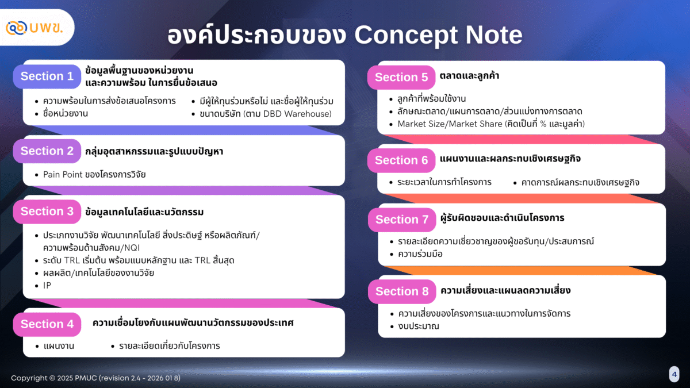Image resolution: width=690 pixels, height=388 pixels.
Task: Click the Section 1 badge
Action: pos(47,76)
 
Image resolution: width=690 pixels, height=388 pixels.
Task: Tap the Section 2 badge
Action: pos(47,151)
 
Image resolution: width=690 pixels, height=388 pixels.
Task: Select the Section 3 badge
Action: pos(47,212)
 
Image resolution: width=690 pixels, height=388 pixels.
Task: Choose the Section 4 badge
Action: pos(47,324)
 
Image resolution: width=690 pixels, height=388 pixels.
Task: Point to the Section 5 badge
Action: pos(401,77)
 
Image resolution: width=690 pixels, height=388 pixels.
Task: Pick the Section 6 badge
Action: pos(401,160)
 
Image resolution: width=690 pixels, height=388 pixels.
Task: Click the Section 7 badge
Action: pos(402,220)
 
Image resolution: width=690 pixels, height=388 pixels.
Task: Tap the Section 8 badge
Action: pos(402,291)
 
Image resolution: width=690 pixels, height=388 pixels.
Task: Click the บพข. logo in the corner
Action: pos(34,28)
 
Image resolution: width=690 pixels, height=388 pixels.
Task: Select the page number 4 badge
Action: pos(674,374)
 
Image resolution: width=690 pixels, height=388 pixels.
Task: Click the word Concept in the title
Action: pos(407,36)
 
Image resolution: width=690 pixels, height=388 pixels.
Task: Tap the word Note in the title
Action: pos(494,34)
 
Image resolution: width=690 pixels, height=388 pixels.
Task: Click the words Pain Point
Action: pos(63,175)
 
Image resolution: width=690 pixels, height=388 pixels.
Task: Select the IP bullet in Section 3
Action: pos(47,286)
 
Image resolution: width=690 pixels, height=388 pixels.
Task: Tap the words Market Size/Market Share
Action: pos(450,124)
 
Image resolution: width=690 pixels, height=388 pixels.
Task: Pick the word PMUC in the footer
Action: pos(86,378)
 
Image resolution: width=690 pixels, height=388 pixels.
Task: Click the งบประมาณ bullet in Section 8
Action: pos(419,326)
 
